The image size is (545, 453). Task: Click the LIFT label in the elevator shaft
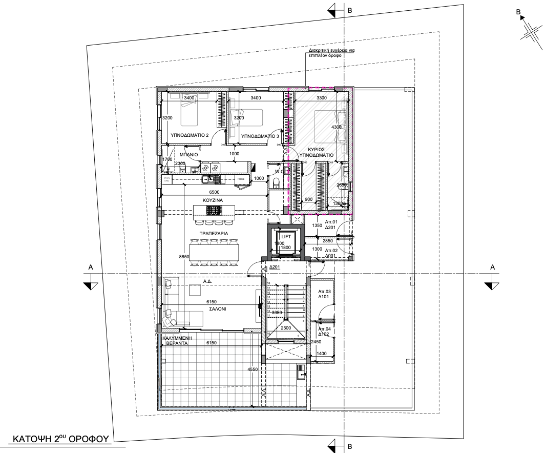point(286,237)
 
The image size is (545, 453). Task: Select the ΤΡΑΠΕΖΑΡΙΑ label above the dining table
point(214,234)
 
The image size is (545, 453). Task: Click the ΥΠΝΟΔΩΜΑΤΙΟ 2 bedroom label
point(189,136)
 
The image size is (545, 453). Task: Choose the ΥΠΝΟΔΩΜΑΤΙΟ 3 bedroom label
point(260,136)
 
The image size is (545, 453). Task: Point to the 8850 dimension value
point(184,257)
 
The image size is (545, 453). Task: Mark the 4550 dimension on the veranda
point(252,369)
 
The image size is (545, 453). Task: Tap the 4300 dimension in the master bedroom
point(337,127)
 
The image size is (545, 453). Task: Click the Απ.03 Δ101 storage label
point(325,294)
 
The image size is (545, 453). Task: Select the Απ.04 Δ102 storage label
point(325,331)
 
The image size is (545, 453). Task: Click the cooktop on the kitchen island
point(214,210)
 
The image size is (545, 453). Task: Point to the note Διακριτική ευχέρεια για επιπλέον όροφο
point(331,53)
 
